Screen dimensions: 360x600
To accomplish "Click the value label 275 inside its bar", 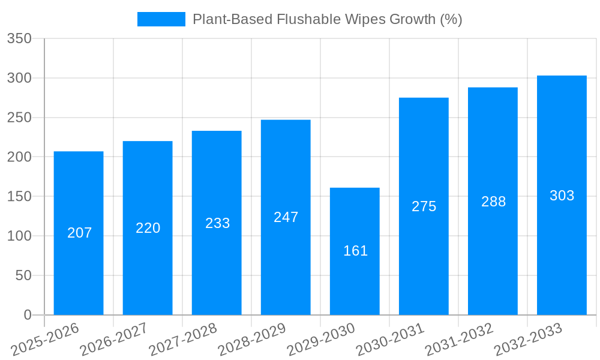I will [424, 206].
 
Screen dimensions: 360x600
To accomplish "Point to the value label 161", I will [355, 251].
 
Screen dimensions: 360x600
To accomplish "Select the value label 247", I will [286, 217].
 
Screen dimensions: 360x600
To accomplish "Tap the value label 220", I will [148, 228].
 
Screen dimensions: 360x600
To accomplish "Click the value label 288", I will [493, 202].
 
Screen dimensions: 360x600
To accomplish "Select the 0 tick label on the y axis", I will [27, 315].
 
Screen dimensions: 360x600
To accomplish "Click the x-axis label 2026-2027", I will [114, 340].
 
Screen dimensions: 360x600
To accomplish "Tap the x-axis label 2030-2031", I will [390, 340].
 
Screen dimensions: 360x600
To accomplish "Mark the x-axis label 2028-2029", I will [252, 340].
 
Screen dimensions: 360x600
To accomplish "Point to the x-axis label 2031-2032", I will [459, 340].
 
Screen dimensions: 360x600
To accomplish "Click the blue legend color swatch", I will [161, 19].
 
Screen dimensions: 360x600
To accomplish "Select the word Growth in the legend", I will [412, 19].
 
